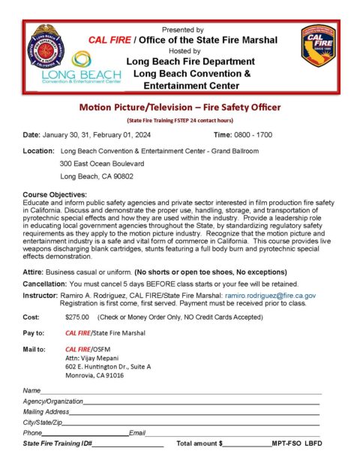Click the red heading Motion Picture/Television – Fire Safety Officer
(x=179, y=108)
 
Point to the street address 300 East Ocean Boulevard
(x=102, y=164)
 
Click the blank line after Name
(x=180, y=392)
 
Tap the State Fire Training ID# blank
(x=127, y=445)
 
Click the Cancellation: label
(x=43, y=284)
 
